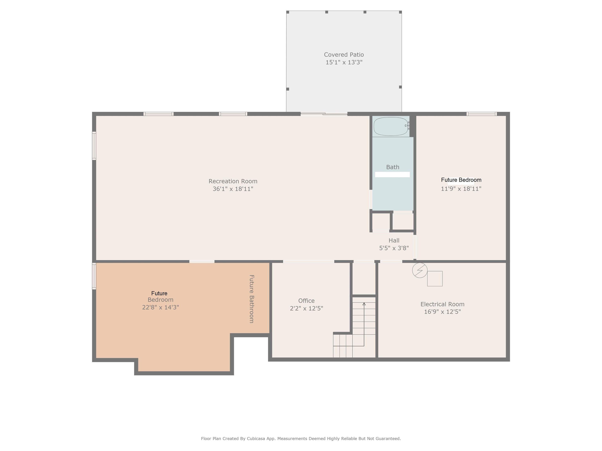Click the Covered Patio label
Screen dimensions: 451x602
344,55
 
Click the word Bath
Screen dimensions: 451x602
393,167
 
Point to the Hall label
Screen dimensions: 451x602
394,241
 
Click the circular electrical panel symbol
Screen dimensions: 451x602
420,270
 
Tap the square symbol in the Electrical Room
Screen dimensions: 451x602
435,279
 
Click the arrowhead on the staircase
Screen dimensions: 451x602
364,304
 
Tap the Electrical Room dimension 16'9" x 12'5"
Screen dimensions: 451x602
442,312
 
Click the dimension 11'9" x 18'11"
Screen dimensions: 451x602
461,189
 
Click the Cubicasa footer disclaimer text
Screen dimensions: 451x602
301,438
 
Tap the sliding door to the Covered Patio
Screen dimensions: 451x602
324,114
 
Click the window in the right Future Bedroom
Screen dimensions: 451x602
481,114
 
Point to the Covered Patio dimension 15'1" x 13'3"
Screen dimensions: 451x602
344,62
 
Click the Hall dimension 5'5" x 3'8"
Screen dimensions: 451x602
394,248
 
